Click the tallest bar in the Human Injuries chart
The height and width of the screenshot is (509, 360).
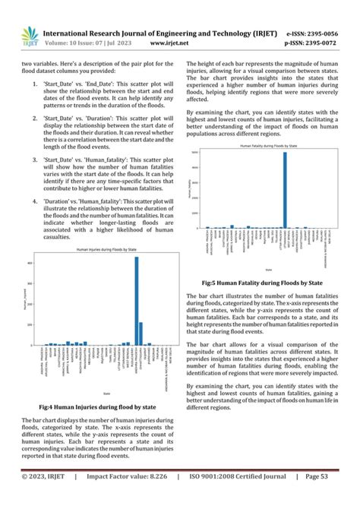point(136,301)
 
